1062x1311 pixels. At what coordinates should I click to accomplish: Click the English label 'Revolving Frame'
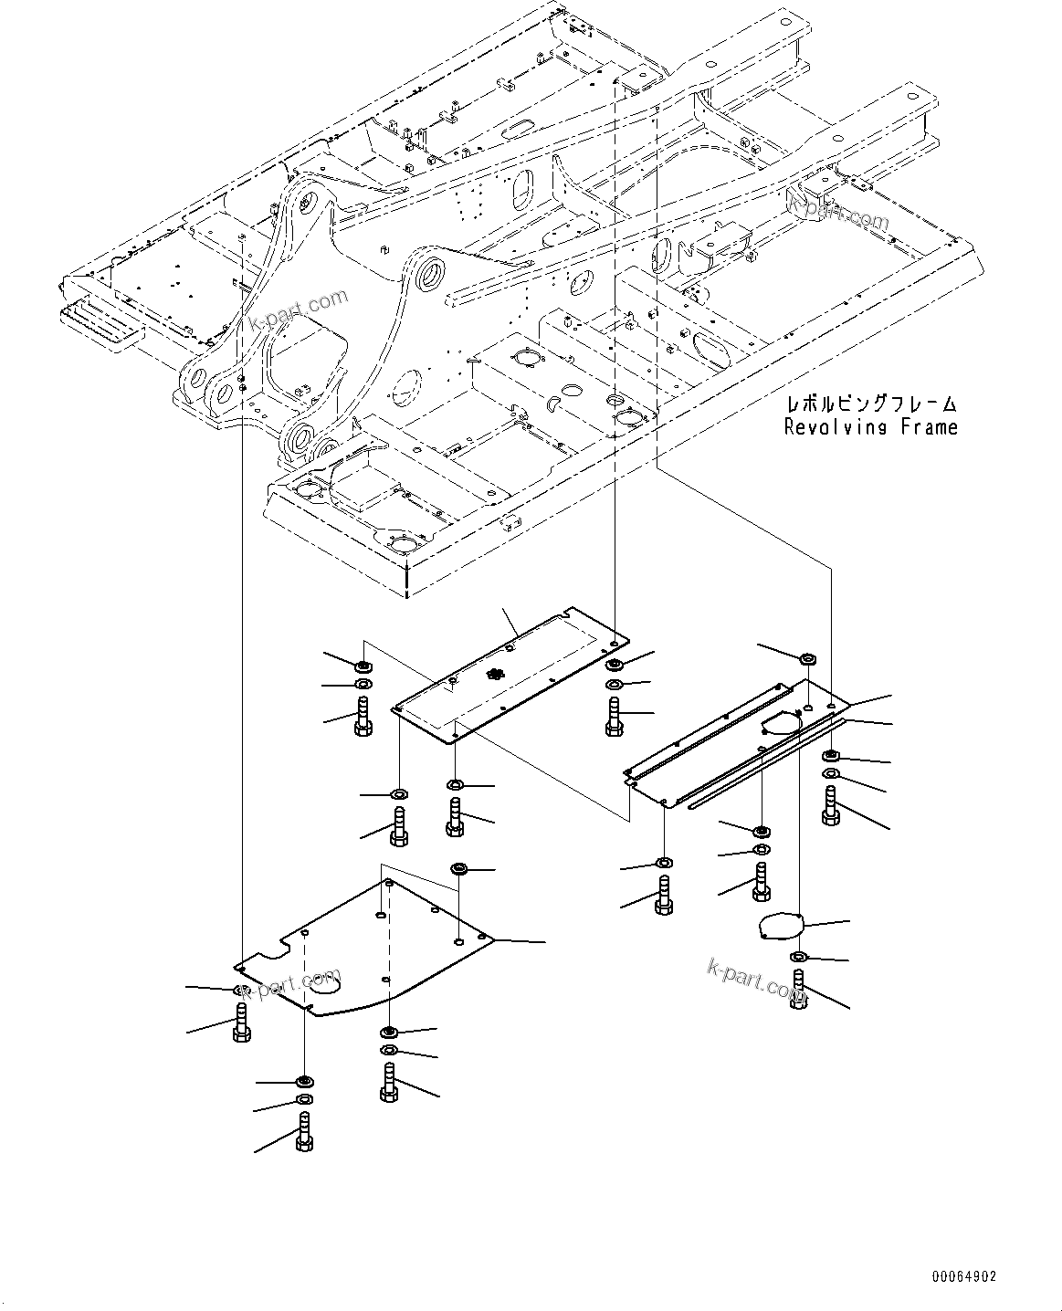click(x=871, y=427)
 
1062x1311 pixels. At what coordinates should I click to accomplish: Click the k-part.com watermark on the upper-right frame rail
click(x=841, y=215)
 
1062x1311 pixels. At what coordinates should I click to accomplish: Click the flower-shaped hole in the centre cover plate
click(x=496, y=675)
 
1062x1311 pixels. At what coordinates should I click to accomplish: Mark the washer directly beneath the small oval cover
click(x=798, y=956)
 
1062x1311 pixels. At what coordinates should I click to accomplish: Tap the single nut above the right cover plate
click(x=808, y=658)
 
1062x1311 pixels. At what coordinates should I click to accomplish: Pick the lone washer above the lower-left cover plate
click(x=459, y=866)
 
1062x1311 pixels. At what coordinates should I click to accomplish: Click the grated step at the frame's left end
click(x=100, y=324)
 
